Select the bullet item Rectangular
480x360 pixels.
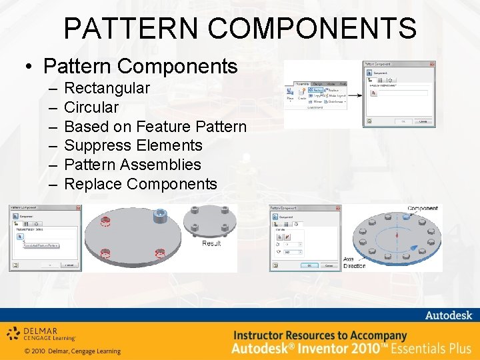[x=107, y=88]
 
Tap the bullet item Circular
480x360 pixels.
[x=91, y=107]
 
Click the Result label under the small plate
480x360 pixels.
[x=211, y=244]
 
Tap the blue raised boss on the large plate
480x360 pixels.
[x=161, y=215]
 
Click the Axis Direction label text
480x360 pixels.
[x=354, y=262]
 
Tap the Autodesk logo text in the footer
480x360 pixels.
[x=448, y=315]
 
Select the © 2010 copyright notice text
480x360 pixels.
[x=72, y=351]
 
